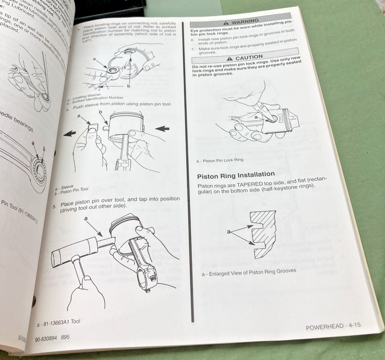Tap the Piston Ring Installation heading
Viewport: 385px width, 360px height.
(x=236, y=175)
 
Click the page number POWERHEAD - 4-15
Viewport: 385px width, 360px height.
(x=333, y=326)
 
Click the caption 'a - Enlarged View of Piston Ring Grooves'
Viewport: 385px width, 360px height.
(x=249, y=272)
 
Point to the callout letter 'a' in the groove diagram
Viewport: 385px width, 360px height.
(x=229, y=232)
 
